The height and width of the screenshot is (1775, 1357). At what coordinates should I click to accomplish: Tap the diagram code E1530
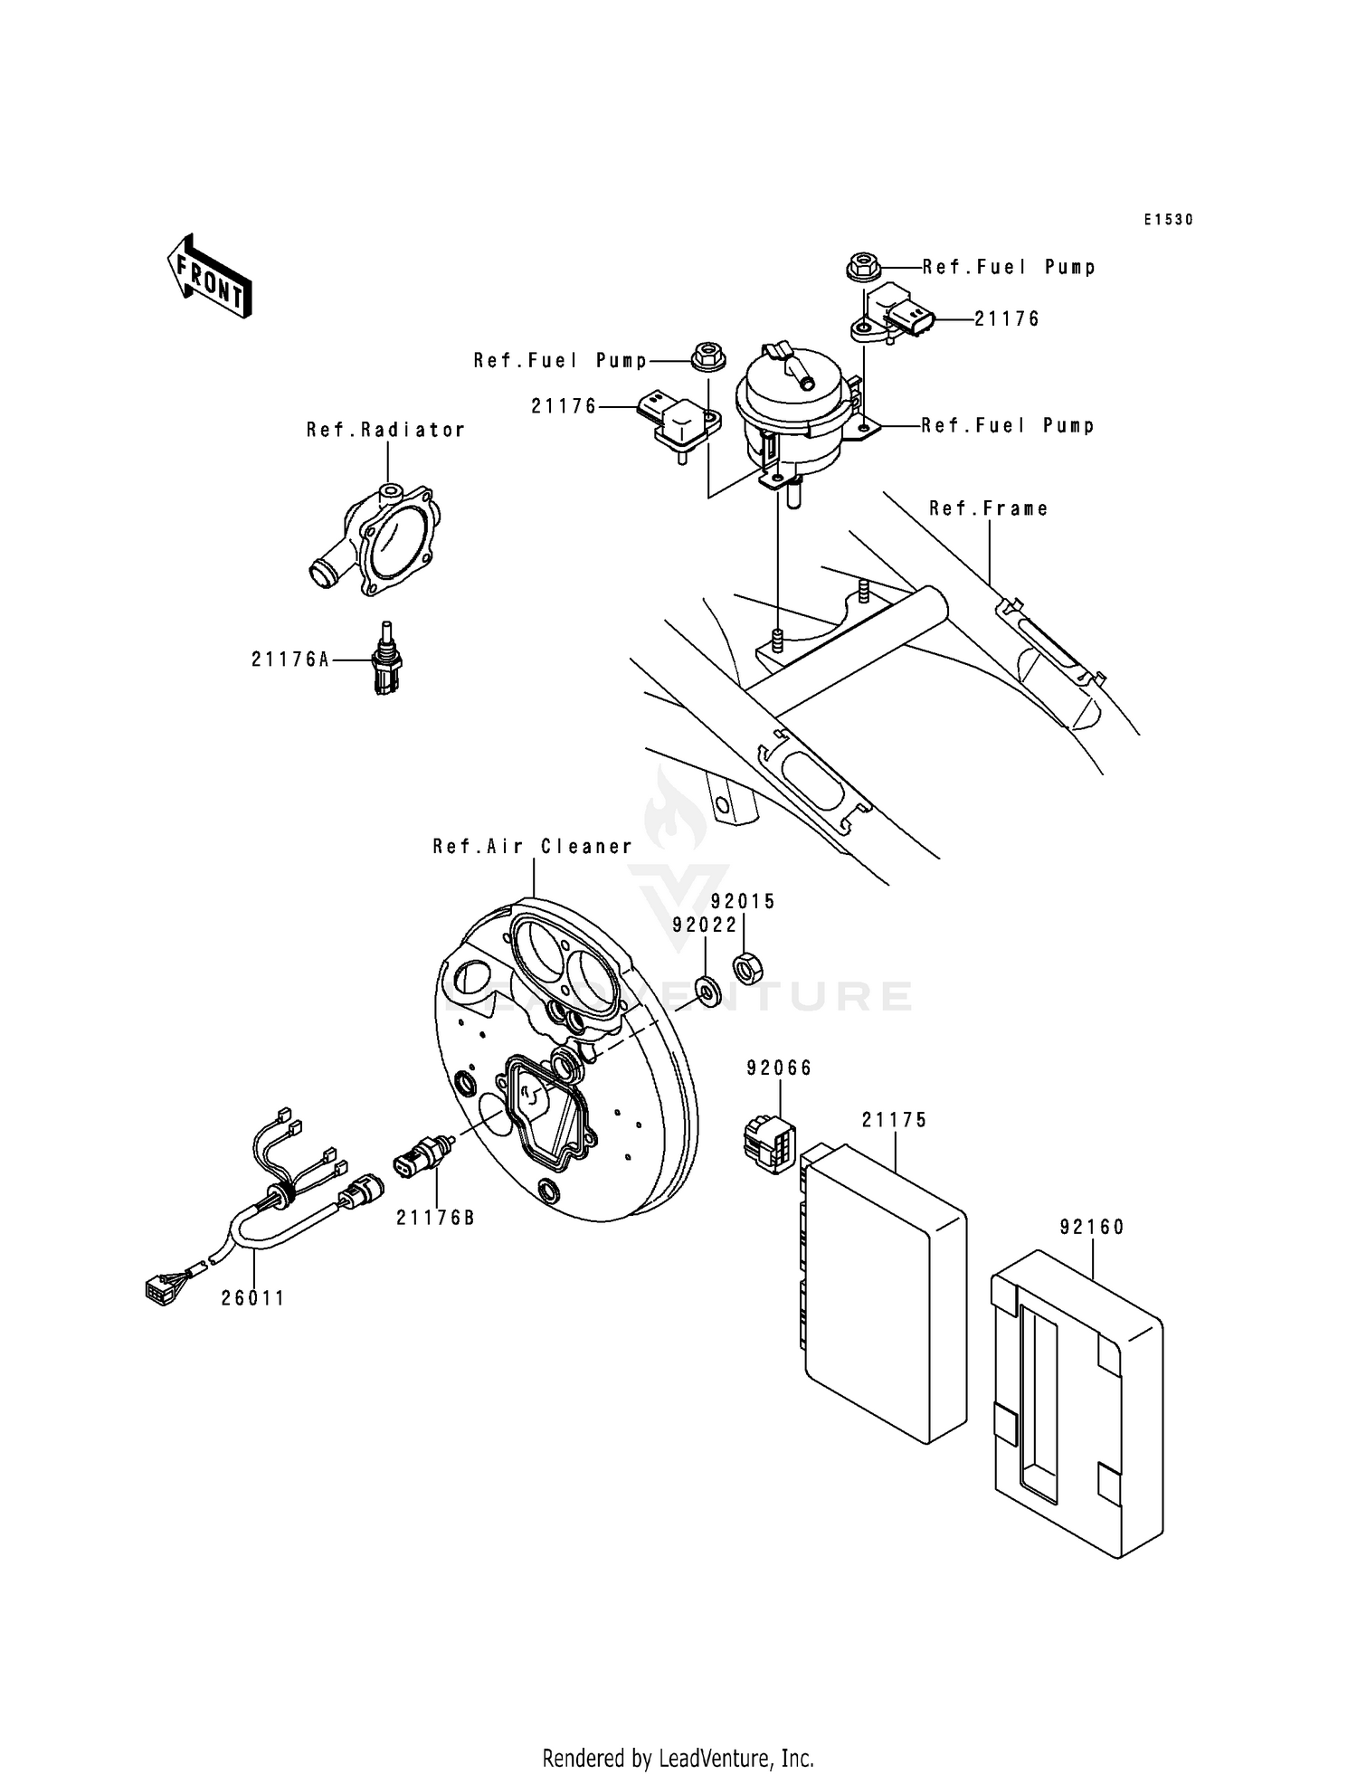click(1167, 220)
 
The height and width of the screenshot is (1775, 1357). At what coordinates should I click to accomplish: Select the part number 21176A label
click(290, 660)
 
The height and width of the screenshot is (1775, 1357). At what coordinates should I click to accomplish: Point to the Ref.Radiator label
click(385, 431)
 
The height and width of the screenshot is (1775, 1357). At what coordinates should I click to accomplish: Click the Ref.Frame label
click(989, 509)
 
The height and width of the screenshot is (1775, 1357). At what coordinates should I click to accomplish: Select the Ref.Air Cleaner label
click(532, 847)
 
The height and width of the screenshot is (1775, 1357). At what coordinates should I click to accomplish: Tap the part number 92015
click(743, 902)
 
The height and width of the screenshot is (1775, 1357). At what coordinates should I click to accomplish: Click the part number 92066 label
click(779, 1068)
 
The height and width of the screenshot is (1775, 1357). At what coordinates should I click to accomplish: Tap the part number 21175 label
click(894, 1120)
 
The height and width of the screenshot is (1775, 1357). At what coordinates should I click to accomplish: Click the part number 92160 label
click(1092, 1228)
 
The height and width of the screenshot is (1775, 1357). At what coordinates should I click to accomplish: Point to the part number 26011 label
click(253, 1298)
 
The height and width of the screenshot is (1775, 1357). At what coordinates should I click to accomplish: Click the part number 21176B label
click(435, 1218)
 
